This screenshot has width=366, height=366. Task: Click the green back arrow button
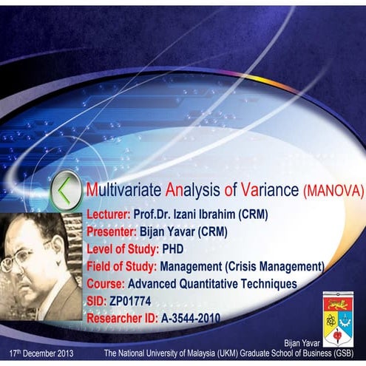click(67, 190)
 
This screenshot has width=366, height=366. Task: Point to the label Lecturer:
click(109, 214)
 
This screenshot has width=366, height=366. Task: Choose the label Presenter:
click(112, 231)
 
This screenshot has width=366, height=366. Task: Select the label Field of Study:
click(122, 265)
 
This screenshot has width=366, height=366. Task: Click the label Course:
click(106, 283)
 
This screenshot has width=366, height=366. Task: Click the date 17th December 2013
click(41, 354)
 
